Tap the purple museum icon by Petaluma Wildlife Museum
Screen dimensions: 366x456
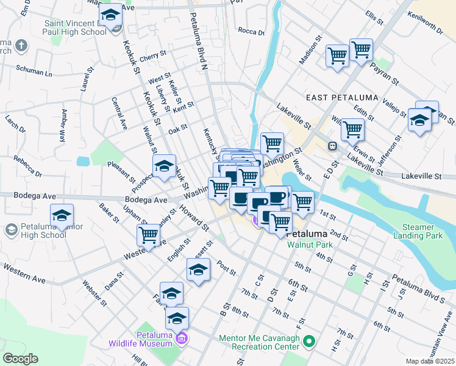(182, 338)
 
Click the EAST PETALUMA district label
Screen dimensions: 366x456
(342, 98)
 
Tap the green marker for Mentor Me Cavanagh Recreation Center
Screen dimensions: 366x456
(310, 342)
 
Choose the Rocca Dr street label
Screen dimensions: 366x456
(252, 31)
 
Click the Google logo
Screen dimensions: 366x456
(20, 359)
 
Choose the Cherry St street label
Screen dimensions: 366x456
(152, 56)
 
